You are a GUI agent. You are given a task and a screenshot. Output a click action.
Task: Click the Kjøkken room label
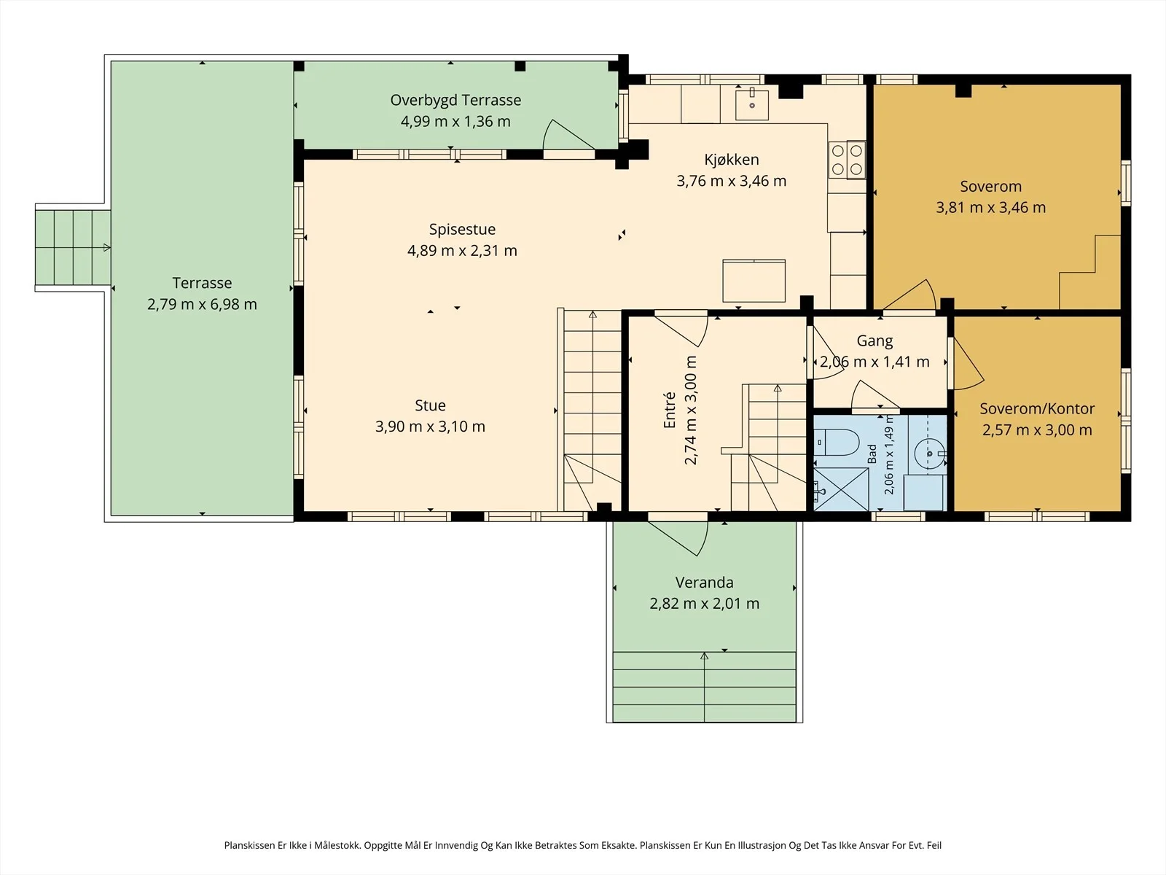point(732,160)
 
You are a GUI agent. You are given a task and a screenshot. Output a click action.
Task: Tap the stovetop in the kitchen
point(847,160)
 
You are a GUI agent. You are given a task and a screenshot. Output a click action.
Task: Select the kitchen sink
point(752,105)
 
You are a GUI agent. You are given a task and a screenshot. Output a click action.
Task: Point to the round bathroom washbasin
point(930,454)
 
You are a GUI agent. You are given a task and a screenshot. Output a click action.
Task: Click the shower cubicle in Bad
point(841,489)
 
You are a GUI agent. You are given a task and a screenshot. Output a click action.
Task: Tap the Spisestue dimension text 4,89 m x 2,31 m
point(462,250)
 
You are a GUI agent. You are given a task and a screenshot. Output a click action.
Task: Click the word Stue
point(430,405)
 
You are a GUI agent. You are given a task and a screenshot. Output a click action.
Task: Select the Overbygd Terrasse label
point(455,101)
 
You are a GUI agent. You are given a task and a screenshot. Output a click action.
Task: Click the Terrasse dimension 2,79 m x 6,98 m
point(202,304)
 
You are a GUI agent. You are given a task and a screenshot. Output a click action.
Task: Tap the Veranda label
point(705,583)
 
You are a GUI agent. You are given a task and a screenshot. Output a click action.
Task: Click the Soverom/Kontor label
point(1037,408)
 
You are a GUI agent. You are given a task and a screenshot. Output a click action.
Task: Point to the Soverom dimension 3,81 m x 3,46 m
point(990,207)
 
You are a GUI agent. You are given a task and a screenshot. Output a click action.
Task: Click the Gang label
point(875,341)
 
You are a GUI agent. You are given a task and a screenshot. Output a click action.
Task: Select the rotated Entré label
point(669,410)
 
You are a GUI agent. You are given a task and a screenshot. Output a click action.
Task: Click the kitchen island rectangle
point(754,281)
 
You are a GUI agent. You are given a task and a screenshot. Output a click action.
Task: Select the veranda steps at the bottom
point(705,686)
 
